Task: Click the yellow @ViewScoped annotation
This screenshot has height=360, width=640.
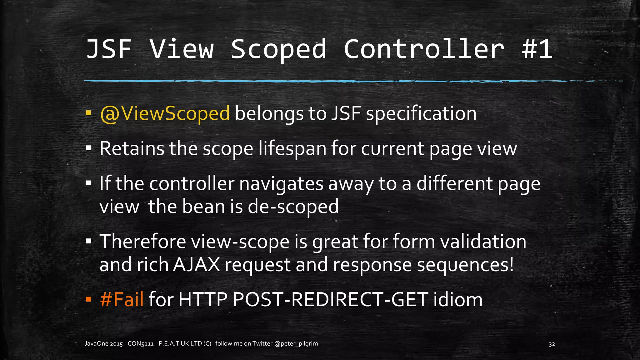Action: [165, 113]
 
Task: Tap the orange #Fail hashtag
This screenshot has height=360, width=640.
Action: [122, 299]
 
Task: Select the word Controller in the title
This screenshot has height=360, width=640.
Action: [424, 49]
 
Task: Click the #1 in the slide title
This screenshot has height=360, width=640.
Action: [537, 49]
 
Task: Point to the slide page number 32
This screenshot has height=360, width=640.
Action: [552, 344]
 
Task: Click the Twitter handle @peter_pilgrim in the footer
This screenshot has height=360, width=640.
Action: [296, 344]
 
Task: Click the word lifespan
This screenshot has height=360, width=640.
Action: [292, 148]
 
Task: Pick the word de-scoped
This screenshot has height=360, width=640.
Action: [293, 207]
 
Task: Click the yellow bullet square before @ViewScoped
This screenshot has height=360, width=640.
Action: [88, 112]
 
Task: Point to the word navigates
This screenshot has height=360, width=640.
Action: [281, 183]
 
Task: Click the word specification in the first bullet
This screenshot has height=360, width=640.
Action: [421, 113]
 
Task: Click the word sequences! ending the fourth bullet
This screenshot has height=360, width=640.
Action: [465, 265]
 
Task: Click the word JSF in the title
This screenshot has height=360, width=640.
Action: [108, 49]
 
